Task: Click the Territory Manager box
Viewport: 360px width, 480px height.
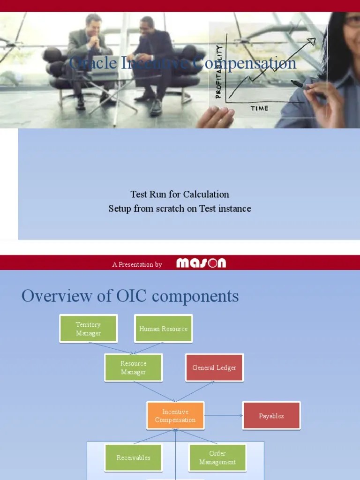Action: click(89, 329)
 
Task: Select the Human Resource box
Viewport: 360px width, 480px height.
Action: click(163, 329)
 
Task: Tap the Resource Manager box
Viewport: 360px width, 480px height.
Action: click(134, 368)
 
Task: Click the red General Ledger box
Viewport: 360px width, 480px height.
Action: click(214, 368)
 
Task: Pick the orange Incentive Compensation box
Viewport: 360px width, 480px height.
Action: click(175, 416)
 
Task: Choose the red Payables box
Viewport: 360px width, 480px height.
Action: click(271, 416)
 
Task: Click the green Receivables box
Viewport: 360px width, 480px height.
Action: click(134, 457)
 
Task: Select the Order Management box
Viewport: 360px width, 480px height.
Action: click(217, 457)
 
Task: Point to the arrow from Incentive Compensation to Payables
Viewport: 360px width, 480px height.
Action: click(223, 416)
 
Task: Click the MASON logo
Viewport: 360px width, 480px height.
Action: click(201, 263)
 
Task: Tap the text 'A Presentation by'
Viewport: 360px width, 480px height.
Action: click(137, 264)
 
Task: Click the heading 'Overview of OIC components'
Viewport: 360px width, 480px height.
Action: click(130, 296)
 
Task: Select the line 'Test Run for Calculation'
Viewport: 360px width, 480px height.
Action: click(180, 194)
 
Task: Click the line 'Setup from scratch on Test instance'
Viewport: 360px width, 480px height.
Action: click(180, 209)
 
